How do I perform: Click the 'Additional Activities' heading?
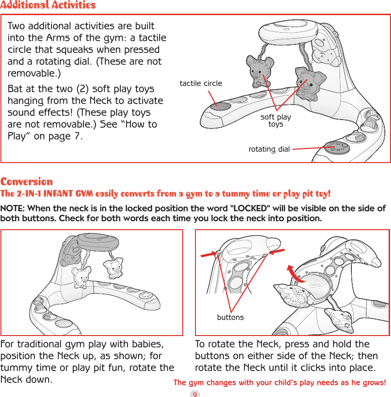[48, 5]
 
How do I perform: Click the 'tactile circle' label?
[201, 84]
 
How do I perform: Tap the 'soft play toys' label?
[276, 121]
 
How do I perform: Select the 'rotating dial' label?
[269, 149]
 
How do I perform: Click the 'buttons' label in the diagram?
[230, 317]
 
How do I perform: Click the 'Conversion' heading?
[26, 181]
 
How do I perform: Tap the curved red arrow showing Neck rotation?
[296, 274]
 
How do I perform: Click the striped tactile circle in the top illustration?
[220, 106]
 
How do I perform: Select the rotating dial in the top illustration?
[335, 147]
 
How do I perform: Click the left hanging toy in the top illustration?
[258, 72]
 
